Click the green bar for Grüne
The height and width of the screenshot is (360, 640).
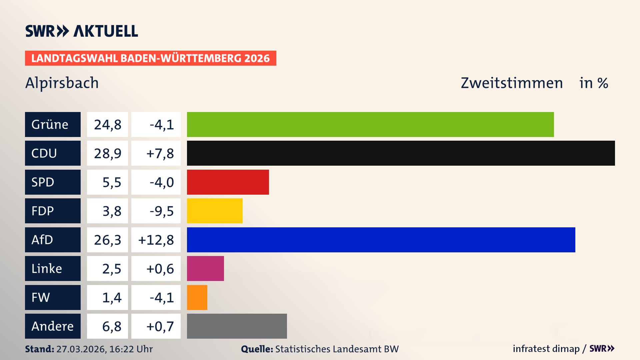tap(370, 124)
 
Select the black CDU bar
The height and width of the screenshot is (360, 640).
tap(401, 153)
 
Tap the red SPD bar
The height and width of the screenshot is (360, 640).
tap(228, 182)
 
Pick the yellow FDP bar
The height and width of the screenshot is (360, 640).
tap(215, 211)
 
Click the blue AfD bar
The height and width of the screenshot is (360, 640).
tap(381, 240)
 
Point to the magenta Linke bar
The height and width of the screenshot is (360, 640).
tap(205, 268)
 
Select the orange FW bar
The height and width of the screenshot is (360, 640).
tap(197, 297)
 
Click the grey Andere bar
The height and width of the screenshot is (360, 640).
tap(237, 326)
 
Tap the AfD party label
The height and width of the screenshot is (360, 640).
tap(53, 240)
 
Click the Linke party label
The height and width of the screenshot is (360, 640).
tap(53, 268)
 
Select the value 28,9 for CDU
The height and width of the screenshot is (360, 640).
tap(107, 153)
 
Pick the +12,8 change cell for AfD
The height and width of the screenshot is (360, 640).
tap(156, 240)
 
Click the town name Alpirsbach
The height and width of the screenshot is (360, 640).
tap(62, 83)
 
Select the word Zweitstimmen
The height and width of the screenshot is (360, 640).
tap(512, 83)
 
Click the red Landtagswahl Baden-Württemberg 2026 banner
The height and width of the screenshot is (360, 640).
tap(150, 58)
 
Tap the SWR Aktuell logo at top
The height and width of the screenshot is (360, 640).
tap(81, 31)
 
